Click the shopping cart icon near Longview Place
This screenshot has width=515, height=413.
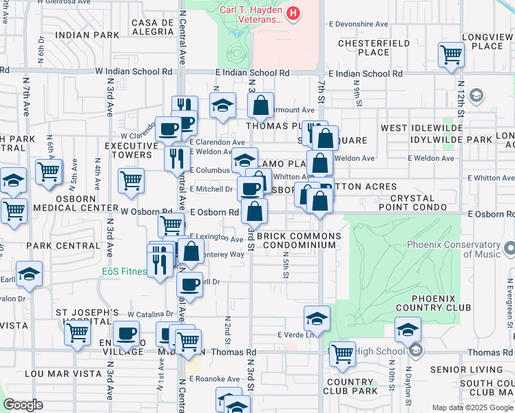pyautogui.click(x=451, y=55)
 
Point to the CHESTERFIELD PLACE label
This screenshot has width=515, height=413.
pyautogui.click(x=364, y=47)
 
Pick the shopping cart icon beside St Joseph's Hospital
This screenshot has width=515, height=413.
pyautogui.click(x=78, y=332)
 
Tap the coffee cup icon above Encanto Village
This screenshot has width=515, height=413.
pyautogui.click(x=126, y=334)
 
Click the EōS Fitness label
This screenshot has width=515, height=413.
pyautogui.click(x=125, y=271)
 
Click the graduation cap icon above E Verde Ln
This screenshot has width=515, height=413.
pyautogui.click(x=317, y=319)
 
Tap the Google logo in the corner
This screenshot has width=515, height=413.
pyautogui.click(x=23, y=405)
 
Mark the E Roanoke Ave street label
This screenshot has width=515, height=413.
pyautogui.click(x=214, y=379)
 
